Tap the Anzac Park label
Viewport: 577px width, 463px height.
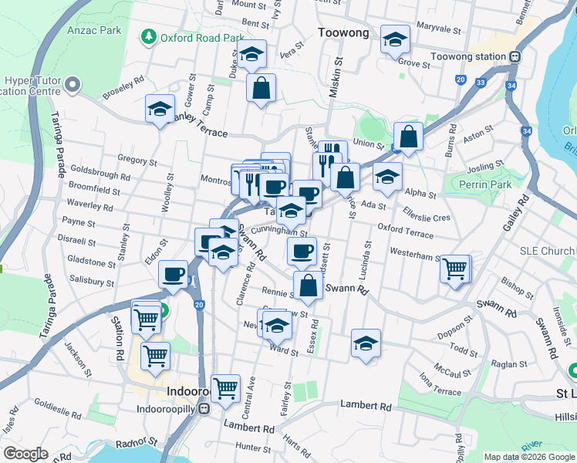[x=94, y=30]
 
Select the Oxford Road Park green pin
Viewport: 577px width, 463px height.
[x=147, y=37]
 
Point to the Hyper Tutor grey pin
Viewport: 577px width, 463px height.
[x=73, y=84]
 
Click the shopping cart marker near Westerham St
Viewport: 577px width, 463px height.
[x=455, y=269]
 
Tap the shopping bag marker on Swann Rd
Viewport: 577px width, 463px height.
[x=308, y=285]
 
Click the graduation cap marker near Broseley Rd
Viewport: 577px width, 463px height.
[x=160, y=109]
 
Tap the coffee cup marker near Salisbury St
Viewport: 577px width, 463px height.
[x=173, y=274]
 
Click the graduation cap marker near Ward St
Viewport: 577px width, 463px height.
[x=366, y=343]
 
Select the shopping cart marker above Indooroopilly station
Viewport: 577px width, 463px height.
[x=226, y=388]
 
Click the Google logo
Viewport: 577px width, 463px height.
[x=25, y=454]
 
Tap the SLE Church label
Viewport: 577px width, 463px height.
[x=547, y=252]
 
